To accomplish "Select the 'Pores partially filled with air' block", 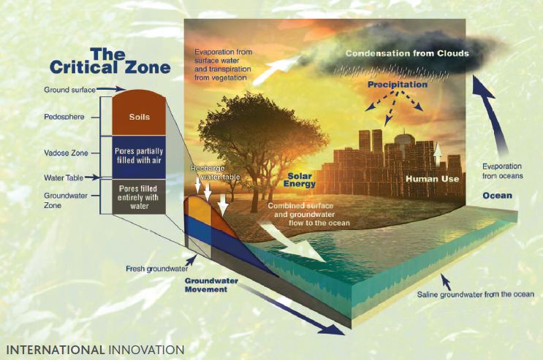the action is click(x=139, y=157).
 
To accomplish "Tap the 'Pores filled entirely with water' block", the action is click(x=139, y=196).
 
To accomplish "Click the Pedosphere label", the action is click(x=64, y=117).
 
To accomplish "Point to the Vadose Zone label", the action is click(x=66, y=153).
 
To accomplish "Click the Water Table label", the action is click(x=64, y=177).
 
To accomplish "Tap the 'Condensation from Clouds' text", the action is click(x=407, y=53).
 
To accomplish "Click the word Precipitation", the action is click(x=398, y=85).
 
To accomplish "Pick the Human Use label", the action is click(x=432, y=179).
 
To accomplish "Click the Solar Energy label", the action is click(x=300, y=180).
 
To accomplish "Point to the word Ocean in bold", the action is click(x=497, y=196).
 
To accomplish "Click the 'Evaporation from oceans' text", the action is click(x=503, y=171).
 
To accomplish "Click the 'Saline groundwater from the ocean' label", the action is click(x=476, y=294).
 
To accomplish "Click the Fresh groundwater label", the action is click(x=157, y=269).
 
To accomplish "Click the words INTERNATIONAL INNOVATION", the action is click(x=95, y=350).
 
